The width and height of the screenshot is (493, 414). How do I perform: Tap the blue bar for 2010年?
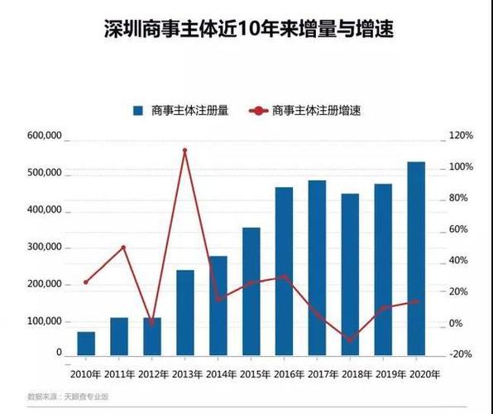(x=86, y=343)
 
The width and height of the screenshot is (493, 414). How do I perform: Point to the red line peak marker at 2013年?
(x=184, y=151)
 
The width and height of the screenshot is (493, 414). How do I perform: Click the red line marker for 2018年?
(x=350, y=339)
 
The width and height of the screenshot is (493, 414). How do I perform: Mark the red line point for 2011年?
(x=124, y=248)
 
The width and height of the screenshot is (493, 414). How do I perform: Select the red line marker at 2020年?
(x=416, y=301)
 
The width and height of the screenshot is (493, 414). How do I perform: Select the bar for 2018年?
(x=350, y=273)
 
